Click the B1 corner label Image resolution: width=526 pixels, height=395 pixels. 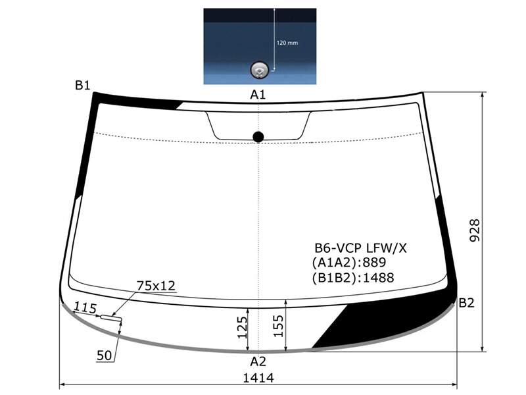[83, 86]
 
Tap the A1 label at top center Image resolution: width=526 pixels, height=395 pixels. [258, 95]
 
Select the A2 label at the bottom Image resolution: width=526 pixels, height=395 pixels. [258, 361]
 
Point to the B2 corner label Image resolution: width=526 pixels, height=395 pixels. [466, 303]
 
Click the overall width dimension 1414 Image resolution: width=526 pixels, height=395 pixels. [258, 378]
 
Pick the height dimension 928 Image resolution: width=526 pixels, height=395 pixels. [474, 230]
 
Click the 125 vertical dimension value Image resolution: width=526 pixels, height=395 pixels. [242, 327]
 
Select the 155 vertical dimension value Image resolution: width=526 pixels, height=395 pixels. [278, 326]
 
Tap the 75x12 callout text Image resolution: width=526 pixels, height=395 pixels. [156, 286]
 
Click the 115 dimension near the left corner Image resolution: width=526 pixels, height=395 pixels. [85, 307]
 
